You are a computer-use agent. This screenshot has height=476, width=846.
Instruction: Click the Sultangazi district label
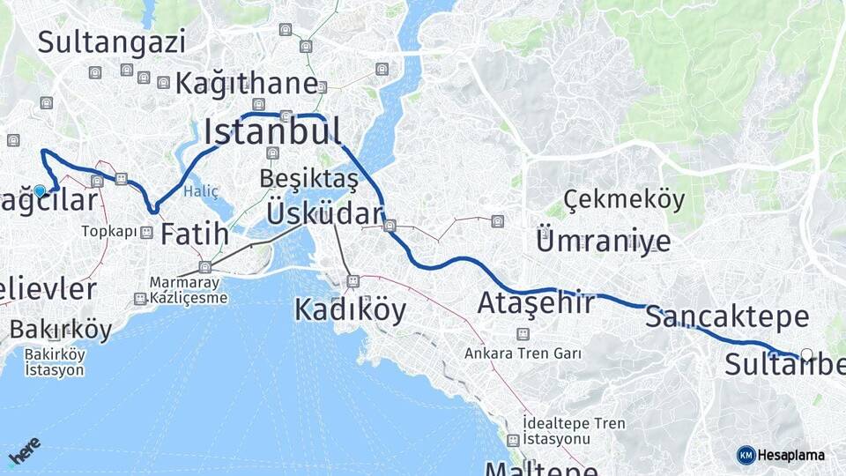(112, 41)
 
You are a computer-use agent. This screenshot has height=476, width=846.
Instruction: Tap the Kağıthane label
(247, 84)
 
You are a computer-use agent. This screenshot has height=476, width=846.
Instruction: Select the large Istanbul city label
(272, 131)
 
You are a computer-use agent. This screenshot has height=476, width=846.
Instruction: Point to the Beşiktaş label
(308, 179)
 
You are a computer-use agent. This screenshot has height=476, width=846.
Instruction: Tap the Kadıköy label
(350, 309)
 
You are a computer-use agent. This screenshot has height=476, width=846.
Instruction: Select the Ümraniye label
(603, 241)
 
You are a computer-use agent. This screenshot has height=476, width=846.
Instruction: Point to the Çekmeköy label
(624, 199)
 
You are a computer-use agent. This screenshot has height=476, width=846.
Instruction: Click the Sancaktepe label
(727, 317)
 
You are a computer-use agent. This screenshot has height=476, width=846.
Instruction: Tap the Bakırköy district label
(61, 330)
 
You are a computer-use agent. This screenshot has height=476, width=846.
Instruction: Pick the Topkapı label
(108, 232)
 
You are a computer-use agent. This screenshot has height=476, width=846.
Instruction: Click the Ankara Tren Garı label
(523, 353)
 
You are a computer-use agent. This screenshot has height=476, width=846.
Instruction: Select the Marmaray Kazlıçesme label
(188, 290)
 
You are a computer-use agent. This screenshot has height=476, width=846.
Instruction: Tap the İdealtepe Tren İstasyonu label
(573, 431)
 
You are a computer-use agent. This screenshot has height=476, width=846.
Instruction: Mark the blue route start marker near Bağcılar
(40, 190)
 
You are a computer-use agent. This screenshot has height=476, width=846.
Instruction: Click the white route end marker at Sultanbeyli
(806, 354)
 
